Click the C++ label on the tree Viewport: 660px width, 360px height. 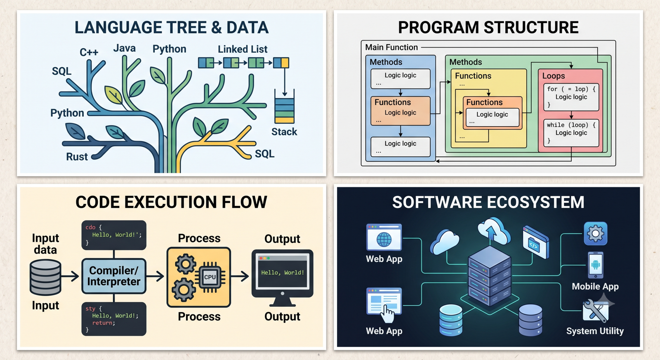coord(89,52)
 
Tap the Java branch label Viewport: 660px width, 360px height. coord(124,48)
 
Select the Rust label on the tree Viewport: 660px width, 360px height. coord(77,156)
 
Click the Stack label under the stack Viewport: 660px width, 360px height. coord(284,132)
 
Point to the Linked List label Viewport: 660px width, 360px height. coord(243,49)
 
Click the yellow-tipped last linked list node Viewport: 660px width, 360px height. coord(281,63)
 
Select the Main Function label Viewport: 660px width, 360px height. coord(391,47)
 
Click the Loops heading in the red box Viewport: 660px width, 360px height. coord(553,76)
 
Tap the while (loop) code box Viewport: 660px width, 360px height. coord(571,133)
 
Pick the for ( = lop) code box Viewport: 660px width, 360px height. coord(571,97)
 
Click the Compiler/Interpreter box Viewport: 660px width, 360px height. coord(114,276)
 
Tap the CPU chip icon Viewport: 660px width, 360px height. coord(210,277)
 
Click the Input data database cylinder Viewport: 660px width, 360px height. coord(45,277)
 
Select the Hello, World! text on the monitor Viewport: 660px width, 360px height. coord(282,273)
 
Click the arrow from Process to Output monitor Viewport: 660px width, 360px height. coord(240,276)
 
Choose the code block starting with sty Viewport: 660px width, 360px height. coord(114,319)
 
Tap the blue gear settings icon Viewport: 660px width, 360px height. coord(596,234)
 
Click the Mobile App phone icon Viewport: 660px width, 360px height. coord(596,265)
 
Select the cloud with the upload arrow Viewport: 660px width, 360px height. coord(494,231)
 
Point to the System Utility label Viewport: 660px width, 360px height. coord(595,331)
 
